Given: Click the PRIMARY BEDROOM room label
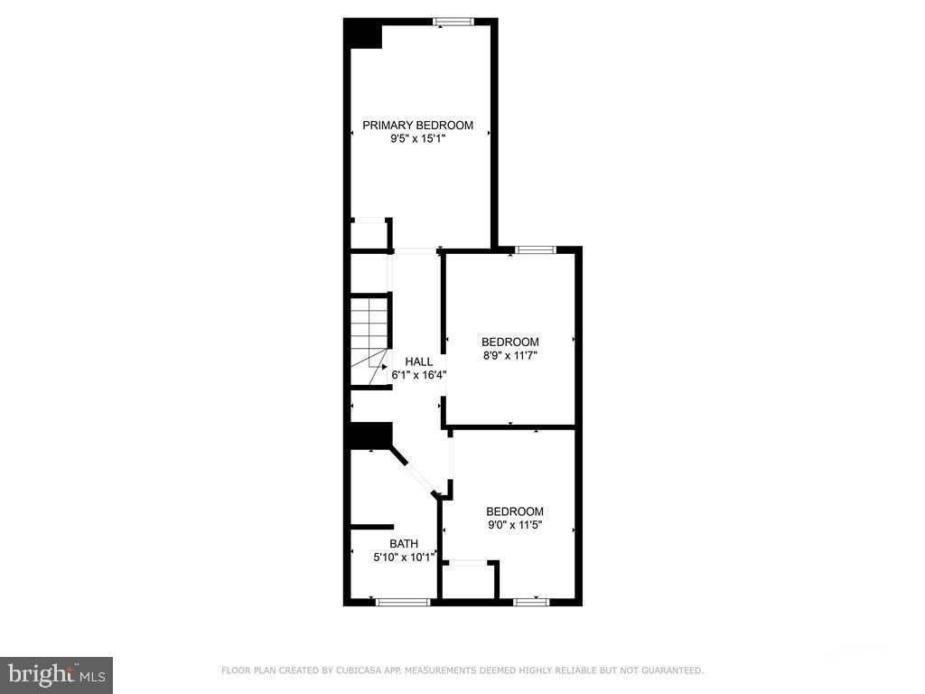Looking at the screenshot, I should coord(418,126).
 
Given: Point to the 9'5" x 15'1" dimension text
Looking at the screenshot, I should coord(418,139).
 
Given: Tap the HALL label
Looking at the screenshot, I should coord(418,361).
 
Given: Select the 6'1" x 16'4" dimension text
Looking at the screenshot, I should coord(419,375).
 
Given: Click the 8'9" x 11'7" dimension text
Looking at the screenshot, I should coord(510,356).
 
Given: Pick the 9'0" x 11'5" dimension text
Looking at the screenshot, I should coord(515,525).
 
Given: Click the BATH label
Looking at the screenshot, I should coord(404,544).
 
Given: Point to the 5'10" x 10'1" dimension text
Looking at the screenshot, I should coord(404,558).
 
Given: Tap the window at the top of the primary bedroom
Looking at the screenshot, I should coord(449,21).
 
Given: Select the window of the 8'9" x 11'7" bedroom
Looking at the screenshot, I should coord(535,249).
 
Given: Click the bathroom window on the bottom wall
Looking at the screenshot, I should coord(402,601).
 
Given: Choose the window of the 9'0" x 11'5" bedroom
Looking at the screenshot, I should coord(531,601).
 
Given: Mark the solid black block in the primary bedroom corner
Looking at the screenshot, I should coord(365,34).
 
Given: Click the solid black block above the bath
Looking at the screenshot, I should coord(369,435).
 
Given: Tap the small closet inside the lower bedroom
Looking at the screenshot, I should coord(468,581).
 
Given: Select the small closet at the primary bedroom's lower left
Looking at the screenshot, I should coord(369,235).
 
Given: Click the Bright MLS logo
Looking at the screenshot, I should coord(56,674).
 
